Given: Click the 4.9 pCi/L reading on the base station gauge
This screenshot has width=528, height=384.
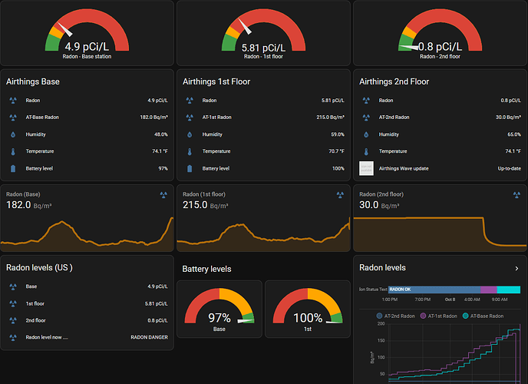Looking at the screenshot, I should point(87,45).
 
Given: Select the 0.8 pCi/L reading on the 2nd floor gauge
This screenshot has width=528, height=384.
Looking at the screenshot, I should point(440,45).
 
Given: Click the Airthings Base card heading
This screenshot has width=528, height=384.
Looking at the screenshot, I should point(33,81).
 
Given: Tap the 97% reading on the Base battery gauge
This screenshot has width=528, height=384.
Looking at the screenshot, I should point(219,317).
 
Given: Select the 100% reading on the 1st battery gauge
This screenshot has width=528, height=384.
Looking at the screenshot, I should point(308,317).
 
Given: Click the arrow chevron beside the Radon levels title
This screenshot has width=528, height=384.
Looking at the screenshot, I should point(516,268).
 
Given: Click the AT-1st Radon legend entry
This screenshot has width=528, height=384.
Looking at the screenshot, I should point(437,316).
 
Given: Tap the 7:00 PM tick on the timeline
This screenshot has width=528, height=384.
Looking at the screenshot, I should point(422,299).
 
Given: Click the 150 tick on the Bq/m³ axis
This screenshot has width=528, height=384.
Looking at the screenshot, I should point(380,341).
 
